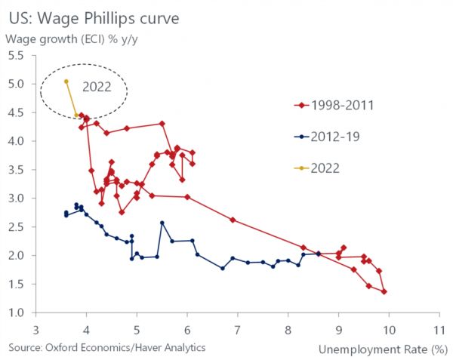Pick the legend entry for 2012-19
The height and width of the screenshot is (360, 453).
326,137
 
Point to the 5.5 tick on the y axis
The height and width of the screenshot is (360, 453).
17,55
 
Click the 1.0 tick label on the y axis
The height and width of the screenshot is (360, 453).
17,313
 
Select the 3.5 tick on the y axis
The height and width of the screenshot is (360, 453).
17,170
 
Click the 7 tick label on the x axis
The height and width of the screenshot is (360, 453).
238,330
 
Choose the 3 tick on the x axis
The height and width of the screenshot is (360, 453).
36,330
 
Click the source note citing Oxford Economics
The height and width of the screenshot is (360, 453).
106,347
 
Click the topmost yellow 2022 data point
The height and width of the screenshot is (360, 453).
66,81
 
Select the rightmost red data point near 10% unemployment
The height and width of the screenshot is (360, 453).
384,291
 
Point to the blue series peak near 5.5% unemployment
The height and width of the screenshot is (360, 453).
162,223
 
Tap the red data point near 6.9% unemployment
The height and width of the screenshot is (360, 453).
233,220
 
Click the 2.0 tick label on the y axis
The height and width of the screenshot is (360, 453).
17,256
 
